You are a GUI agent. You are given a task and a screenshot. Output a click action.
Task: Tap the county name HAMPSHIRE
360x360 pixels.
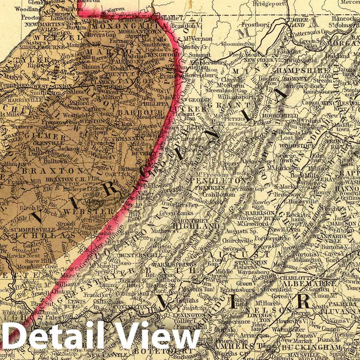click(x=305, y=70)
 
